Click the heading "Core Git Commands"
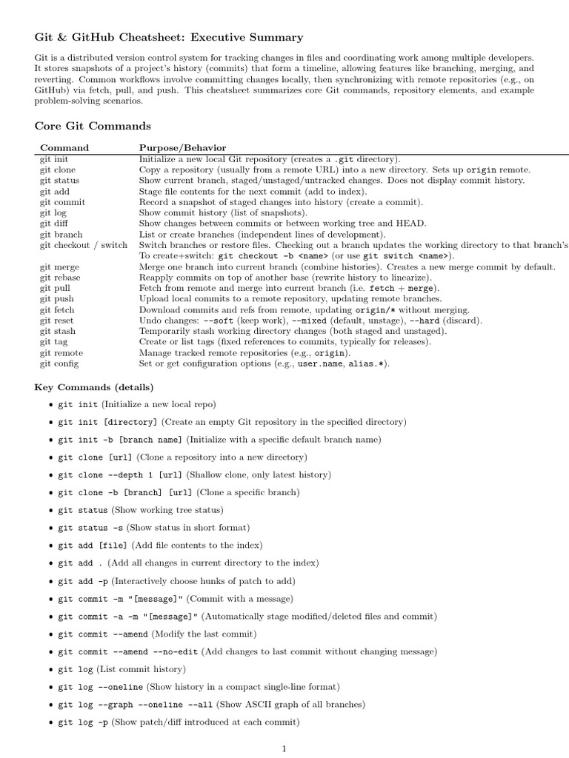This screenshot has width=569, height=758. [x=93, y=126]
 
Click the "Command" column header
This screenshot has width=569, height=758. [x=64, y=148]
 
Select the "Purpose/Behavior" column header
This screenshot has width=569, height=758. [x=182, y=148]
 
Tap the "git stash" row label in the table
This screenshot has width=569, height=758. [x=58, y=332]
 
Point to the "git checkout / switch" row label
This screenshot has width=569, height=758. [x=84, y=245]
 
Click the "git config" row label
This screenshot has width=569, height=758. [x=59, y=363]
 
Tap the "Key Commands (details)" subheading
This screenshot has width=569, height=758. [x=94, y=387]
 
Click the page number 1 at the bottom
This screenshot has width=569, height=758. [x=284, y=748]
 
